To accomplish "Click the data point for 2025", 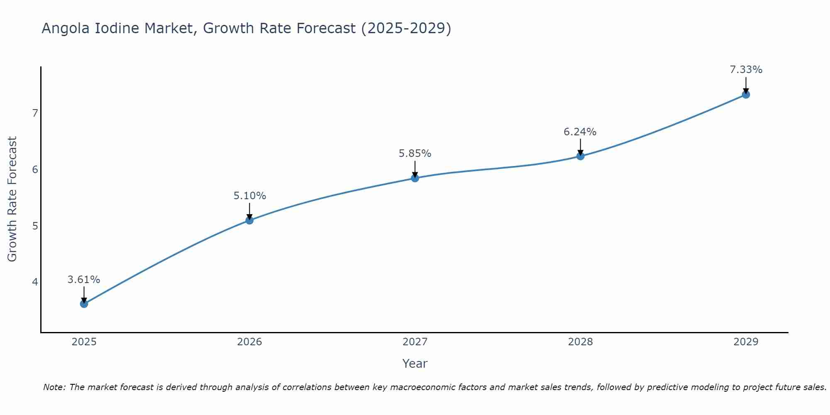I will coord(84,304).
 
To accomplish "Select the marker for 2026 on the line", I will coord(249,220).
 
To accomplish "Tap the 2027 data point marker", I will coord(415,178).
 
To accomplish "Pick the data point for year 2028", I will coord(580,156).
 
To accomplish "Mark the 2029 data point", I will coord(746,95).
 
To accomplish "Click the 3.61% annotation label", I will coord(84,280).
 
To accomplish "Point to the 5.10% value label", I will coord(249,196).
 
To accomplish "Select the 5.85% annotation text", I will coord(415,154).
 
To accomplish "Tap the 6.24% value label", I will coord(580,132).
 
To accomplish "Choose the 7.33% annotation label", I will coord(746,70).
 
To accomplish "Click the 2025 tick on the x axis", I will coord(84,342).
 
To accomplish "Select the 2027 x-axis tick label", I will coord(415,342).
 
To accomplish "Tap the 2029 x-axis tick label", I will coord(746,342).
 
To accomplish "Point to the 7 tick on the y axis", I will coord(35,113).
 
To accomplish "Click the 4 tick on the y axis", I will coord(35,282).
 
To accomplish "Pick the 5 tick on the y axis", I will coord(35,226).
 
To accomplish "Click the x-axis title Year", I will coord(415,364).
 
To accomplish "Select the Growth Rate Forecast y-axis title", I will coord(12,199).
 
